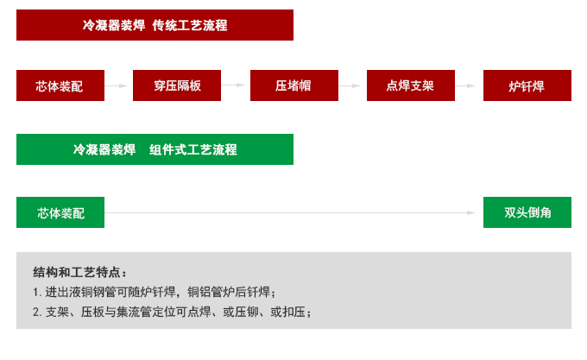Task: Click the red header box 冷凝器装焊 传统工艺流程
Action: [154, 25]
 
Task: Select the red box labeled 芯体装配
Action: [60, 85]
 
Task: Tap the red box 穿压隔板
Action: [176, 85]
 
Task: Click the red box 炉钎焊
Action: [527, 85]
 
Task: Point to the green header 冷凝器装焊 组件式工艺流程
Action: [154, 148]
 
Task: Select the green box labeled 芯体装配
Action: [60, 212]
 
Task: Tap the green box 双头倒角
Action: [527, 212]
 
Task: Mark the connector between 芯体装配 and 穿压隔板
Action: [117, 85]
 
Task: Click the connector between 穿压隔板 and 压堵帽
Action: [235, 85]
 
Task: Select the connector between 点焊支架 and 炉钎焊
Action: [466, 85]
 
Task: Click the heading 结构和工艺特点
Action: [79, 271]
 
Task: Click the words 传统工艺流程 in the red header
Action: [190, 25]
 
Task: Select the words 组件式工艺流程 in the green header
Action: [193, 148]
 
